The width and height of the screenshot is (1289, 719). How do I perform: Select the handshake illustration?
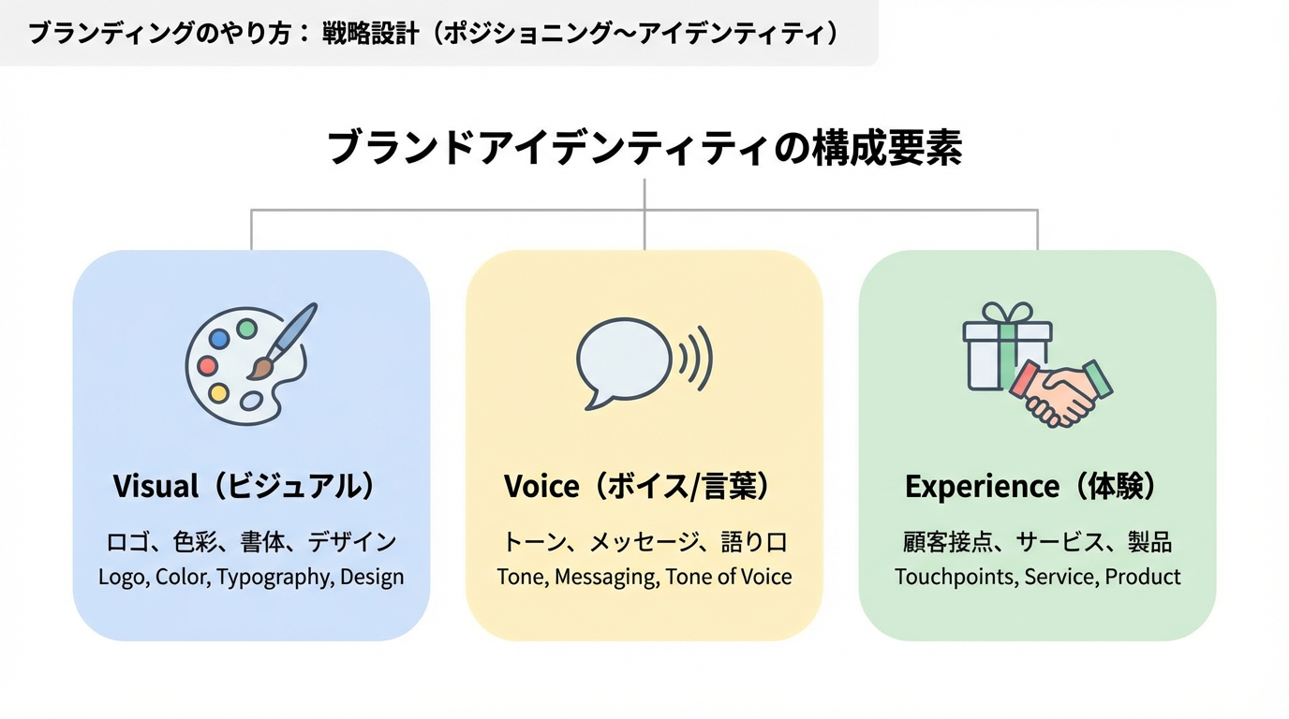click(1060, 390)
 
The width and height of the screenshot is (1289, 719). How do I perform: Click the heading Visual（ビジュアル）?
click(244, 487)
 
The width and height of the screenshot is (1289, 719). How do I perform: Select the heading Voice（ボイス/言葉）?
click(636, 487)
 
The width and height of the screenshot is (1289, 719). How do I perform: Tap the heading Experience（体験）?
click(1030, 487)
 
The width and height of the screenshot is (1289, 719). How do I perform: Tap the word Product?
click(1143, 578)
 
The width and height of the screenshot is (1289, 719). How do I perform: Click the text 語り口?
click(754, 542)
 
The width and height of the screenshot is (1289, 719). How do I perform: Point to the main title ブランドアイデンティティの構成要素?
click(644, 149)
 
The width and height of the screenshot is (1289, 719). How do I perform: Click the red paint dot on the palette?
click(208, 366)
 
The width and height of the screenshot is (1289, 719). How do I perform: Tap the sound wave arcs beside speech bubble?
click(695, 359)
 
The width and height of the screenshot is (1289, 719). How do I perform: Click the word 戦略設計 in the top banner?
click(368, 34)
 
